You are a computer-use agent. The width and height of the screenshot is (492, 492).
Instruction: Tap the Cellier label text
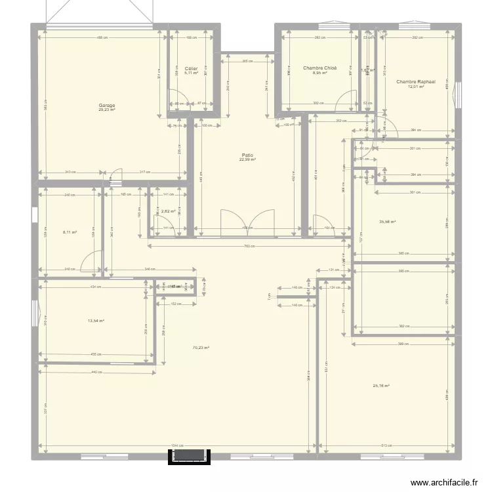192,68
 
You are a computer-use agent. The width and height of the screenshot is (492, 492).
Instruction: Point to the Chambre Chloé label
320,68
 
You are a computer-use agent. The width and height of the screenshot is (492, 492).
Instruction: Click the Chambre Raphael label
416,82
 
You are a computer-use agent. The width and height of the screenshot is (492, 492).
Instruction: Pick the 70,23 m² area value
201,348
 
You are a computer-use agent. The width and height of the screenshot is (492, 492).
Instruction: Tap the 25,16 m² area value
381,386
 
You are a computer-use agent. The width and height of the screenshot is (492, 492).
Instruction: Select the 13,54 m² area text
96,321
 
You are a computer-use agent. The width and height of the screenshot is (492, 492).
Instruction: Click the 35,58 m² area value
388,222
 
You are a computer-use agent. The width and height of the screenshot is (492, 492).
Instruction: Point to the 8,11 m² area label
70,232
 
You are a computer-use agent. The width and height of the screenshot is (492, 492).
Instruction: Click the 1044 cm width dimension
176,446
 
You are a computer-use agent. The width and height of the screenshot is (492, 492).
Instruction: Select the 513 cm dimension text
387,446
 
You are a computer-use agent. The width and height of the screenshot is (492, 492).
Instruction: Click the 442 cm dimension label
96,373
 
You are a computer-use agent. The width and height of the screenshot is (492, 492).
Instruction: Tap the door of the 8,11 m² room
92,261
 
